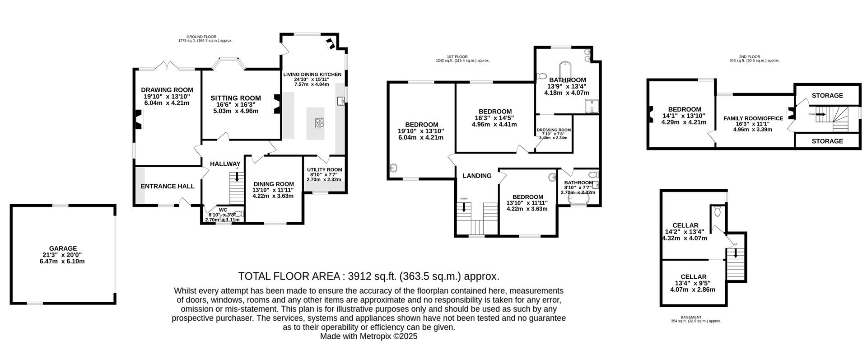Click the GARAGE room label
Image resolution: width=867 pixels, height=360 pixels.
[x=63, y=248]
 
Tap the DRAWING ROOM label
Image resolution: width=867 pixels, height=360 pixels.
[x=167, y=90]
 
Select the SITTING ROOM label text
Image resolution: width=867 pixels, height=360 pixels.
[x=235, y=98]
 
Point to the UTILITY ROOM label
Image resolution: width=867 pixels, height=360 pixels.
[x=324, y=170]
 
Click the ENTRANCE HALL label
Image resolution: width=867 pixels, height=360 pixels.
[x=168, y=186]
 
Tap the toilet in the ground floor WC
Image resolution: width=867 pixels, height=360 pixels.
[x=240, y=214]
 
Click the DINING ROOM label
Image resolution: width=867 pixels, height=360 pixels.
[x=273, y=184]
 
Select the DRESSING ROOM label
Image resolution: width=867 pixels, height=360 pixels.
[x=554, y=130]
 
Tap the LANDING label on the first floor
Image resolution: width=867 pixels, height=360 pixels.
[x=477, y=176]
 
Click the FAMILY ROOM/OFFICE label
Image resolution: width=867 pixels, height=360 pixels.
[x=753, y=118]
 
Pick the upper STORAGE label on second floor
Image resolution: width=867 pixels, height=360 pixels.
[x=827, y=95]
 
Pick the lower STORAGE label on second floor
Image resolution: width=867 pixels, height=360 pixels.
[x=827, y=141]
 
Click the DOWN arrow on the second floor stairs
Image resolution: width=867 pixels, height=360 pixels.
[x=820, y=115]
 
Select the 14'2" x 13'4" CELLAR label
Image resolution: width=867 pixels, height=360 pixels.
[x=685, y=225]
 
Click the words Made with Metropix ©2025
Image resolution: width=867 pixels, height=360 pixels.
[x=368, y=337]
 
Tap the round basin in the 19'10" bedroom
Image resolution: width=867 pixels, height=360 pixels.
[x=394, y=168]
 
